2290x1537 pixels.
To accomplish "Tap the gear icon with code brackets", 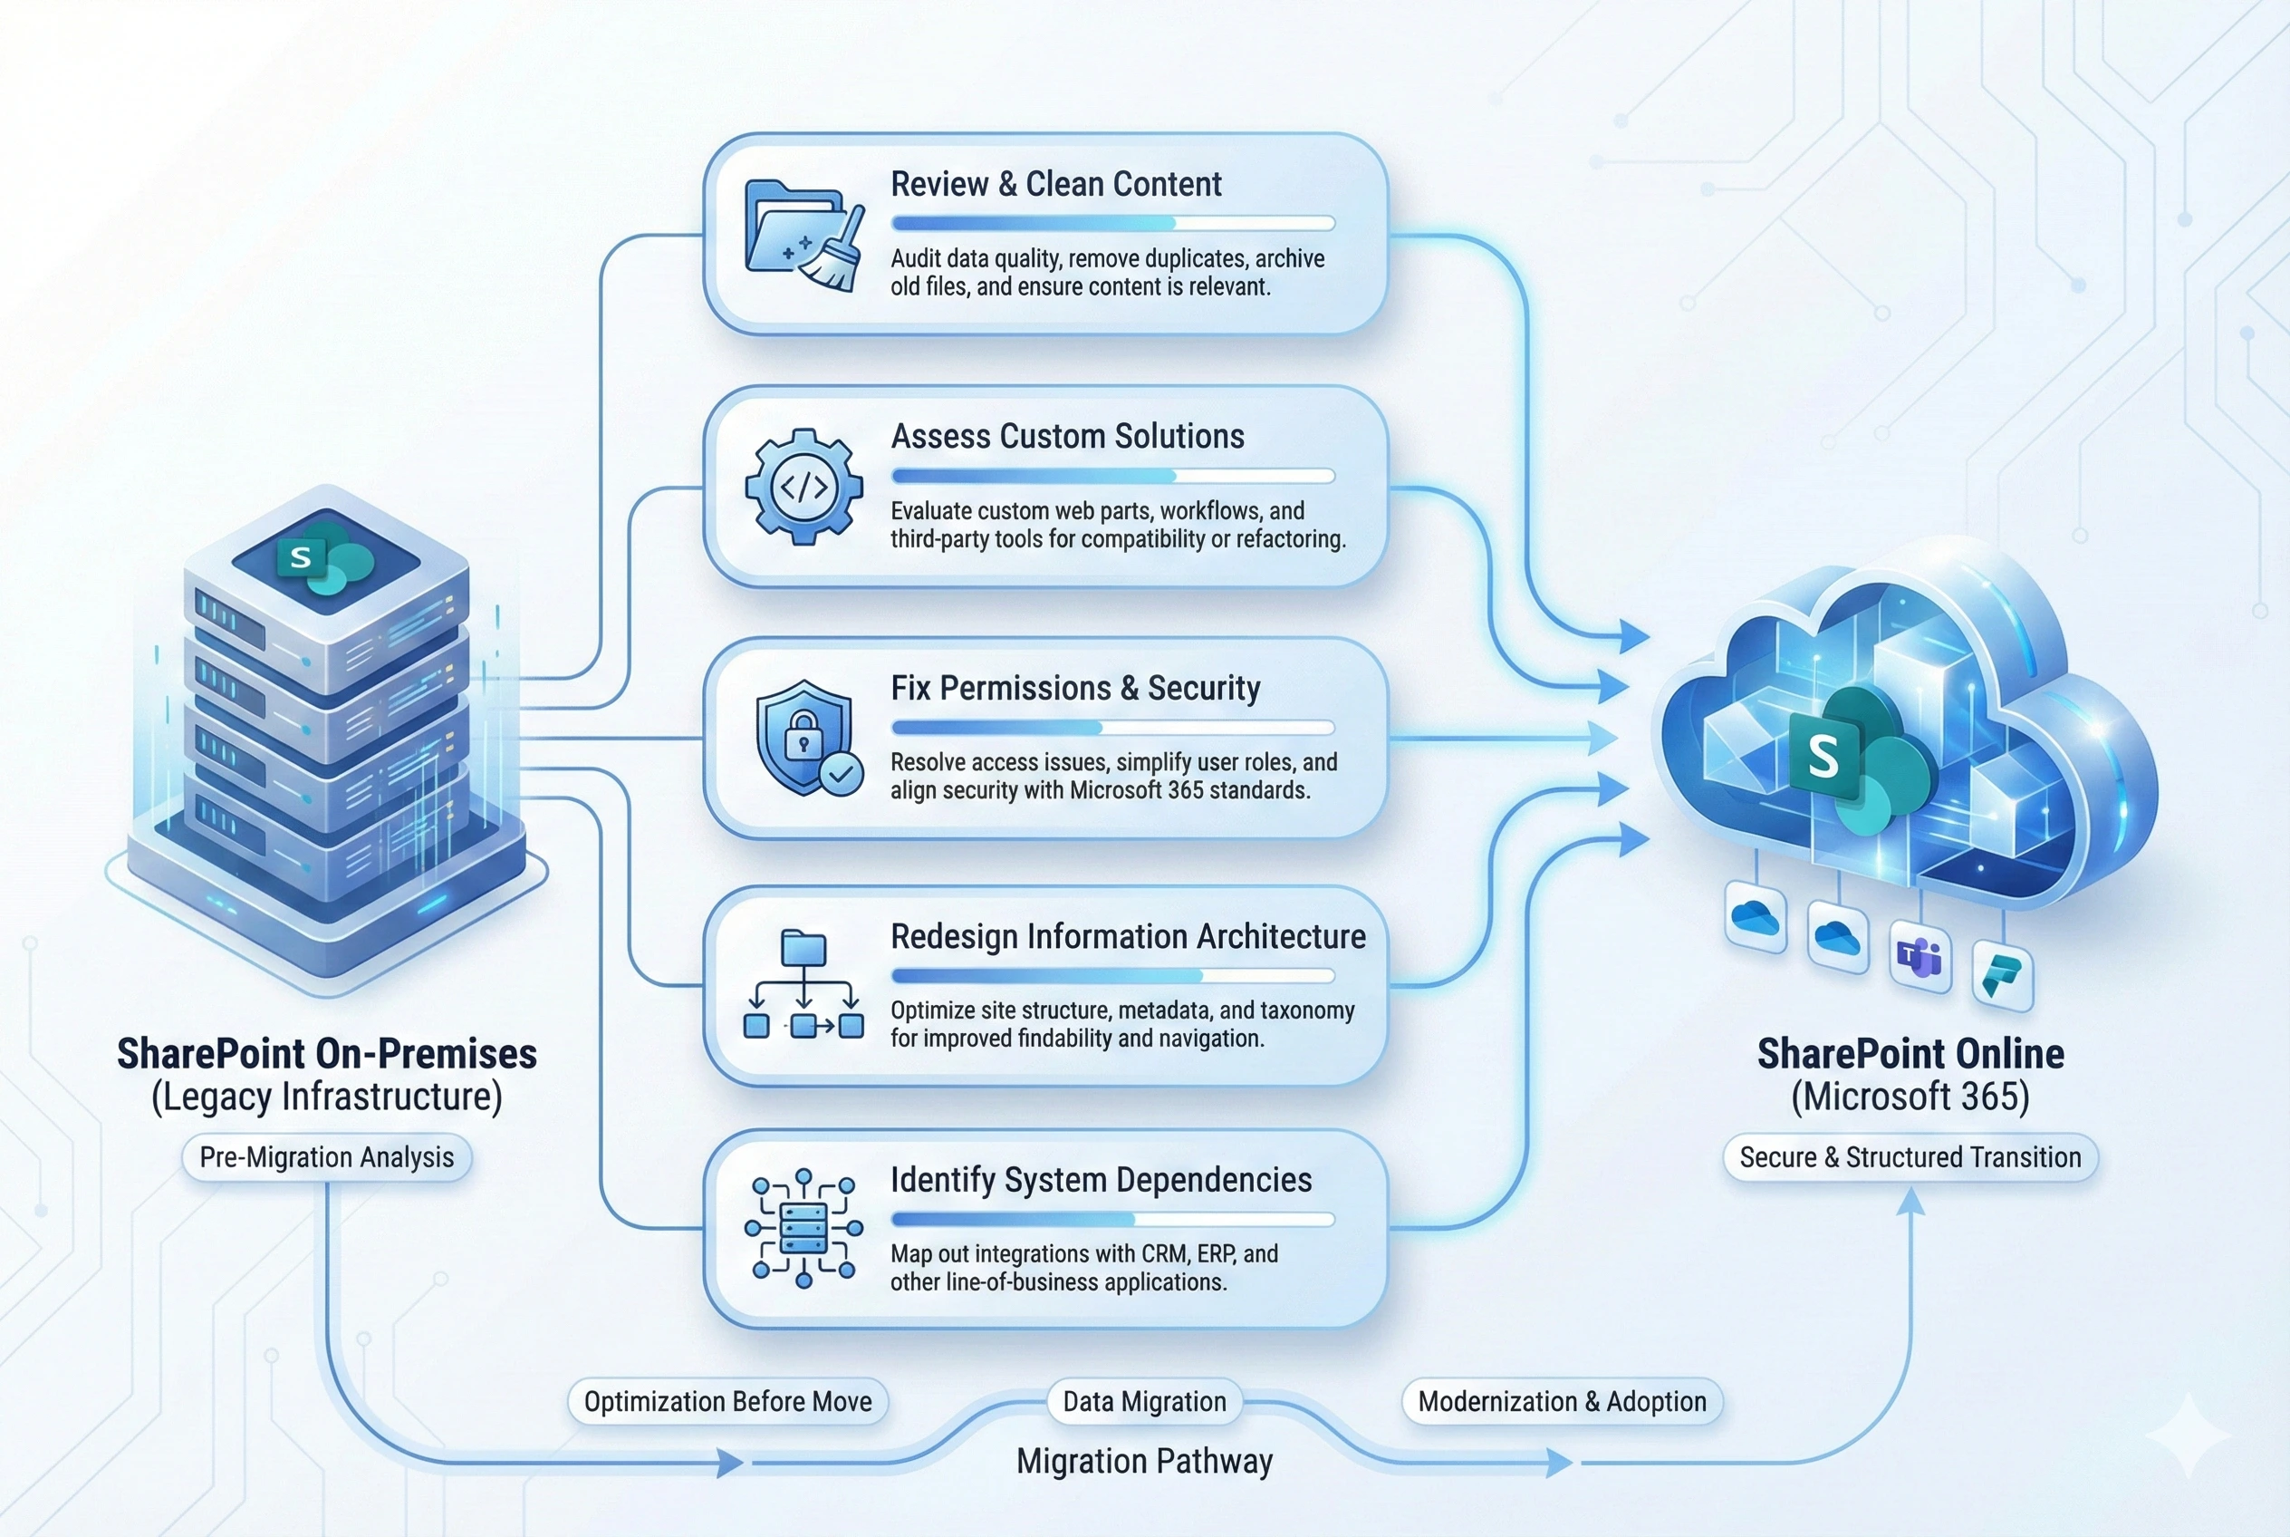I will [803, 486].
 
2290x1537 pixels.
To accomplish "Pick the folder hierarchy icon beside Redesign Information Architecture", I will [803, 984].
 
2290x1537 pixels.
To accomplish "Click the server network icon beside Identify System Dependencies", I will [803, 1228].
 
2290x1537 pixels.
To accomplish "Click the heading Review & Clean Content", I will [1055, 184].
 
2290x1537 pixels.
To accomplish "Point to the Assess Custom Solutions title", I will [1067, 436].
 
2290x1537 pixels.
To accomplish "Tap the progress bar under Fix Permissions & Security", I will [1112, 728].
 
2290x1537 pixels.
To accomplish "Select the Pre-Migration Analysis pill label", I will [326, 1157].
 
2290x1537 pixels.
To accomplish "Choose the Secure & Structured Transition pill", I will [1910, 1157].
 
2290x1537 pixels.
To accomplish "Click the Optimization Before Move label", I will [727, 1402].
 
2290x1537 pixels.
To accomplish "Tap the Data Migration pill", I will [1143, 1402].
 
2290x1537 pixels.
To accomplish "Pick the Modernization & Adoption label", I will [1562, 1402].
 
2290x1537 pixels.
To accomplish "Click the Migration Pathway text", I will [1143, 1462].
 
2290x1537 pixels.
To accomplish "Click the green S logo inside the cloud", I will [1823, 757].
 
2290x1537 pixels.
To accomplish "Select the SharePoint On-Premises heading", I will [326, 1054].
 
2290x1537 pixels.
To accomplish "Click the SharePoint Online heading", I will [1910, 1054].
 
